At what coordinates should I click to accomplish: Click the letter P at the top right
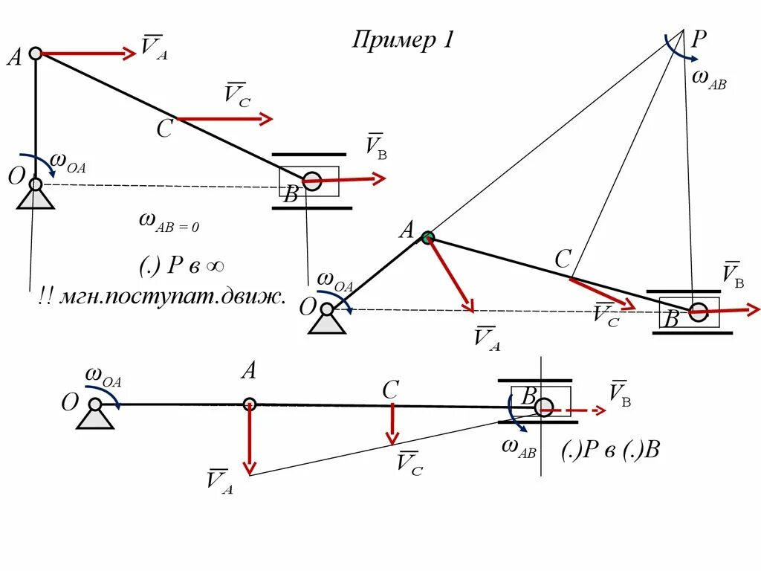(699, 39)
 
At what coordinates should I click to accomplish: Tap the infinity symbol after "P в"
(216, 266)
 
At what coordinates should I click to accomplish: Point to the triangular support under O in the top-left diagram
(36, 199)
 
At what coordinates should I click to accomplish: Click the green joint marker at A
(427, 237)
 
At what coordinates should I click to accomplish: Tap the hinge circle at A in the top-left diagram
(36, 54)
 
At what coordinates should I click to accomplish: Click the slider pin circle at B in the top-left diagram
(312, 181)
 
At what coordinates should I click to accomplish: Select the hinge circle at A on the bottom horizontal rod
(250, 404)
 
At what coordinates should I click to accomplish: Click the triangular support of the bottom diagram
(96, 418)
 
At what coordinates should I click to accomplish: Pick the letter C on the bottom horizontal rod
(391, 389)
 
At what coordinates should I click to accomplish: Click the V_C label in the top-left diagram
(238, 94)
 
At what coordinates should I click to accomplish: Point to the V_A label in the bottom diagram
(219, 480)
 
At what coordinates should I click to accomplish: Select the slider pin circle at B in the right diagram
(698, 312)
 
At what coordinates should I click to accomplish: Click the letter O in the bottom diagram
(70, 403)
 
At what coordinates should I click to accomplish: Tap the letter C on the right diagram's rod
(563, 259)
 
